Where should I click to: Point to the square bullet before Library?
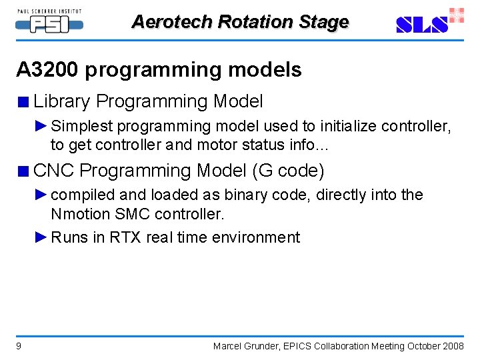click(x=23, y=103)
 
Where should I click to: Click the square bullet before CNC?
click(x=23, y=172)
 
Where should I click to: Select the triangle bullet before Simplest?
click(x=41, y=126)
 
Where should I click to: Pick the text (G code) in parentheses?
click(x=288, y=171)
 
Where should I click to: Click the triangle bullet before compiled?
click(x=41, y=195)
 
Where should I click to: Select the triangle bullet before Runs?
click(x=41, y=237)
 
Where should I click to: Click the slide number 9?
click(x=19, y=346)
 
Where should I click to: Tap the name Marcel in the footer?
click(x=229, y=346)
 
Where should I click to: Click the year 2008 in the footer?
click(x=453, y=346)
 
